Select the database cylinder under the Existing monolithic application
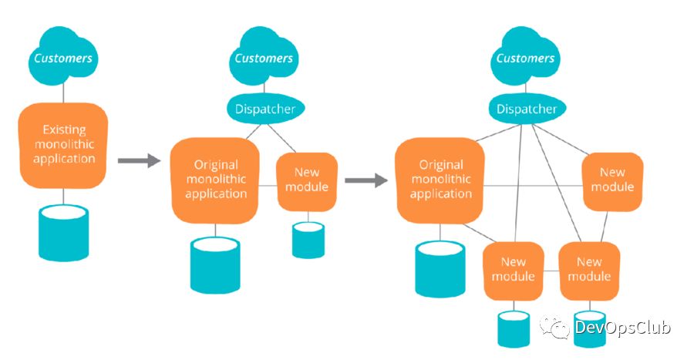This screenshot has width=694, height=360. (64, 231)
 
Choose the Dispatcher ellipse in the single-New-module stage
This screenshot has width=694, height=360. (265, 109)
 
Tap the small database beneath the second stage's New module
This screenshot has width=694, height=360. (308, 239)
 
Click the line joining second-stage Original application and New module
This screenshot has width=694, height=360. (268, 185)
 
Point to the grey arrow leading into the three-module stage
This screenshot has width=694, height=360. (366, 180)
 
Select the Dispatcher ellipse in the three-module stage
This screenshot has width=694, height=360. (527, 109)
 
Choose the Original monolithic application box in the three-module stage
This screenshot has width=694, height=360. (440, 180)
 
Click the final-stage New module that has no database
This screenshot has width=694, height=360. (612, 180)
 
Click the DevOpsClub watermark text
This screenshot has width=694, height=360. (623, 327)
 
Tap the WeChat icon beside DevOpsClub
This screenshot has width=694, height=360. (555, 328)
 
